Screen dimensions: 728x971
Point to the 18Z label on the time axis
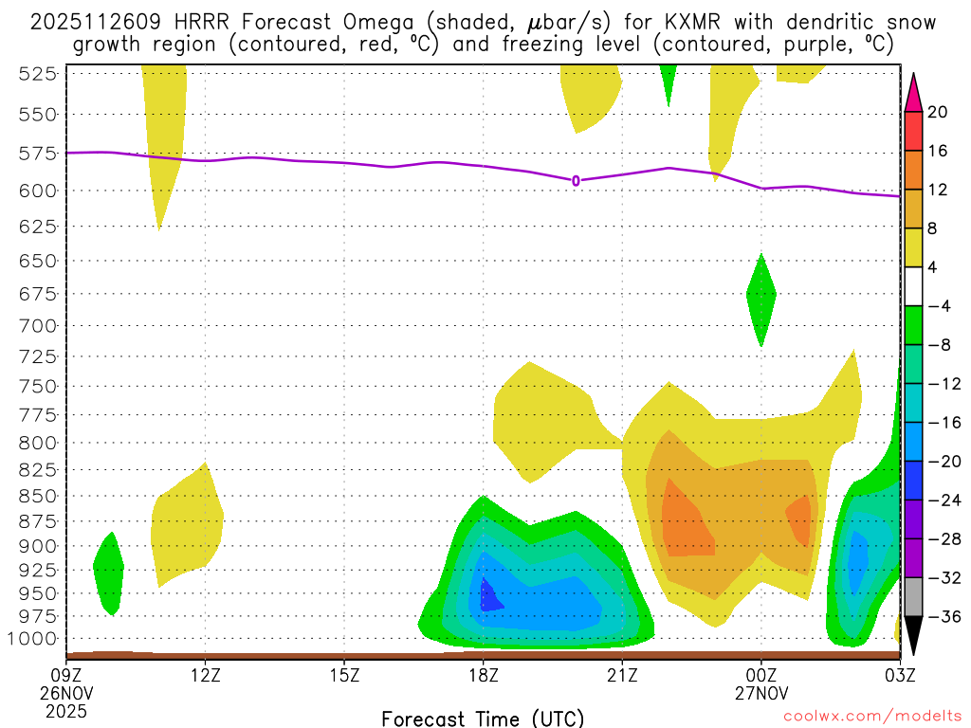tap(483, 675)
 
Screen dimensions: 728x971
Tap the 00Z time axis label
tap(761, 675)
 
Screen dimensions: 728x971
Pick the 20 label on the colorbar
tap(938, 112)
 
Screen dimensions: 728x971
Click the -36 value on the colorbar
tap(942, 616)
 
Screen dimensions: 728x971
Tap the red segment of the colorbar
tap(913, 131)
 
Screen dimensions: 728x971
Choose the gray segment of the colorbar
tap(913, 596)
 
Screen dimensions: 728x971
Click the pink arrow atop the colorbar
tap(913, 92)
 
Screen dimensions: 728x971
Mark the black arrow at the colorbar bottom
tap(913, 635)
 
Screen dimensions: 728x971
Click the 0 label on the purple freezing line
tap(576, 180)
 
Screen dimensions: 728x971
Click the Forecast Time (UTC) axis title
tap(483, 718)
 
